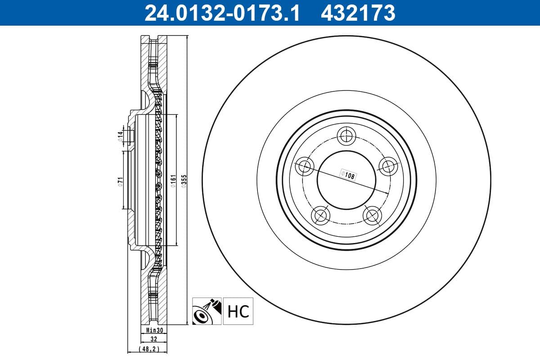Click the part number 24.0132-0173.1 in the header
pyautogui.click(x=221, y=13)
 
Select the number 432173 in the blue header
pyautogui.click(x=358, y=13)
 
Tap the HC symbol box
pyautogui.click(x=238, y=311)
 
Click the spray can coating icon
pyautogui.click(x=207, y=311)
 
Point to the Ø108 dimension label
pyautogui.click(x=348, y=175)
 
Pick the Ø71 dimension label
pyautogui.click(x=120, y=181)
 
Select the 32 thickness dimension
pyautogui.click(x=154, y=340)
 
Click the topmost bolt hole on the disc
pyautogui.click(x=346, y=135)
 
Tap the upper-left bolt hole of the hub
pyautogui.click(x=305, y=166)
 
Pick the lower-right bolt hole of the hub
pyautogui.click(x=372, y=215)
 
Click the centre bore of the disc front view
pyautogui.click(x=346, y=180)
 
